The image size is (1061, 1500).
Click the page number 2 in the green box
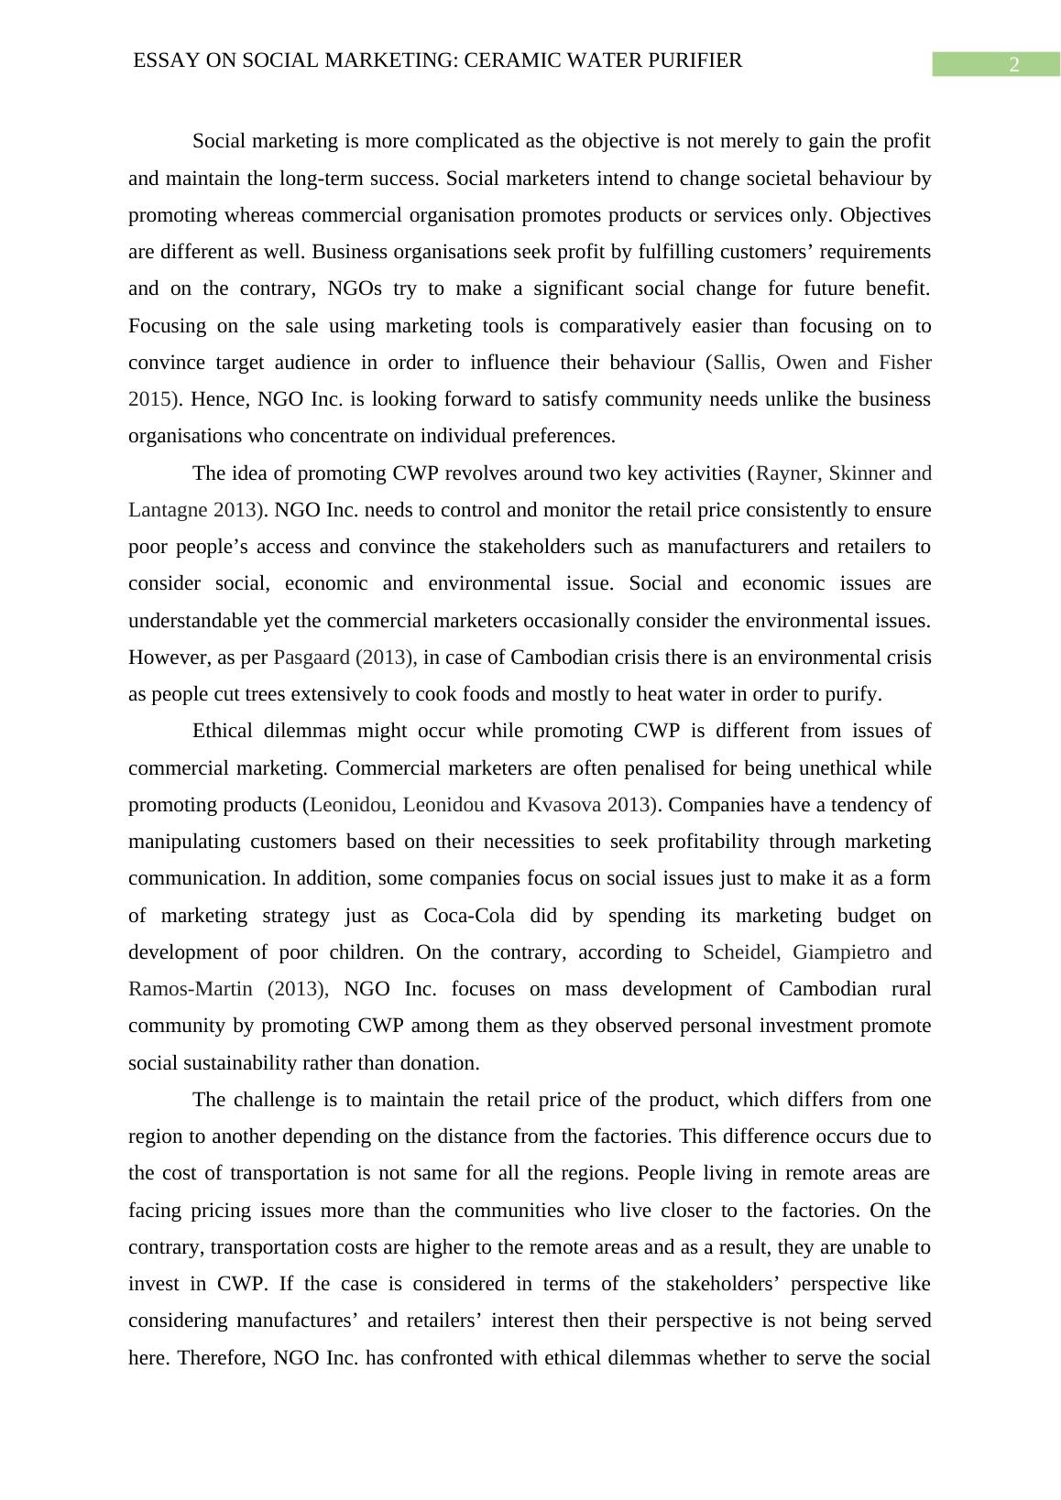[1013, 65]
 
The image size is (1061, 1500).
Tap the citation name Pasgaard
[312, 658]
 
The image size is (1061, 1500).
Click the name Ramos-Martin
[191, 989]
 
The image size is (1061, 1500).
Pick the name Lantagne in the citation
[169, 510]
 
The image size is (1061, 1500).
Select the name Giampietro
[840, 952]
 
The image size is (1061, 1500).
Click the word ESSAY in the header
[161, 60]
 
